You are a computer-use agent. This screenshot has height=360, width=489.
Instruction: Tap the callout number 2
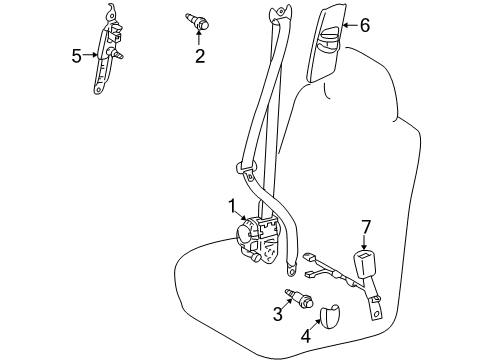tap(200, 56)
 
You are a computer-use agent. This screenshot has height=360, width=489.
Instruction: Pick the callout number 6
tap(364, 26)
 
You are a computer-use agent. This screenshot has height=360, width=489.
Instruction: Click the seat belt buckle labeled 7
tap(361, 268)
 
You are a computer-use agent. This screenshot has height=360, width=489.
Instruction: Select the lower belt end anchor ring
tap(291, 267)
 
